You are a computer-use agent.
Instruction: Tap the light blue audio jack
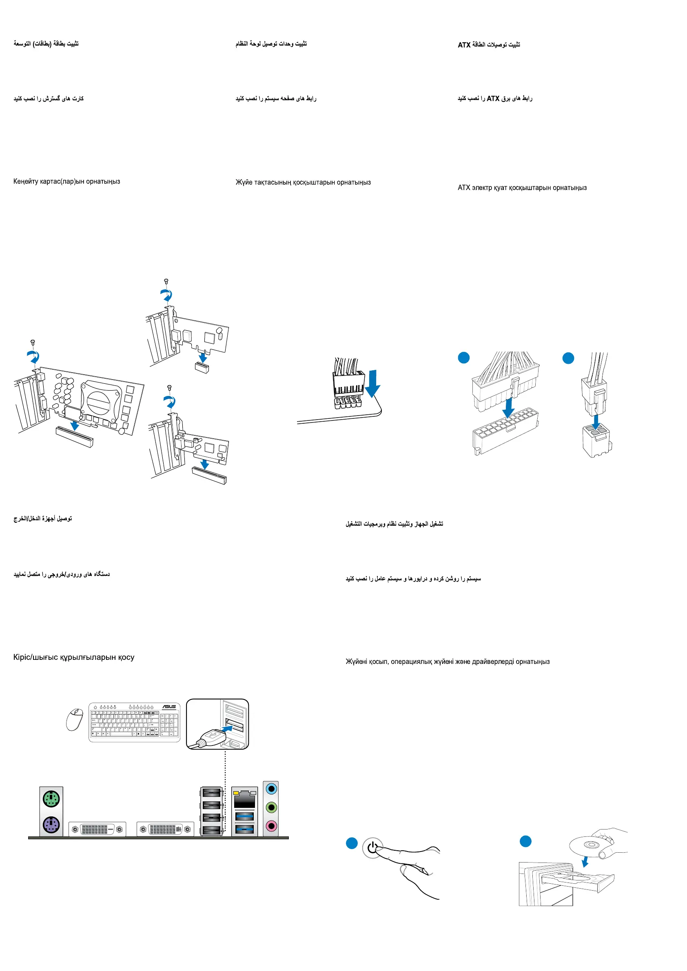pyautogui.click(x=271, y=789)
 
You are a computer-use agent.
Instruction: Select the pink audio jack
pyautogui.click(x=271, y=825)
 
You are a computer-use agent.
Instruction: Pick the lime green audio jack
pyautogui.click(x=271, y=807)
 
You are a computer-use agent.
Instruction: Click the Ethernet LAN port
pyautogui.click(x=244, y=799)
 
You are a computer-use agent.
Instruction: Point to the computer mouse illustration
pyautogui.click(x=75, y=719)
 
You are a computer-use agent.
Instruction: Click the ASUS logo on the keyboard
pyautogui.click(x=169, y=707)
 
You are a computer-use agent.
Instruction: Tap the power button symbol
pyautogui.click(x=372, y=847)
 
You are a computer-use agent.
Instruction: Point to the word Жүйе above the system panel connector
pyautogui.click(x=244, y=182)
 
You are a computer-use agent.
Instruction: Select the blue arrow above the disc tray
pyautogui.click(x=585, y=861)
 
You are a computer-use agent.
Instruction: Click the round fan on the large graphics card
pyautogui.click(x=99, y=401)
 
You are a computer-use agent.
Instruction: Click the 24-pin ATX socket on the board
pyautogui.click(x=506, y=430)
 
